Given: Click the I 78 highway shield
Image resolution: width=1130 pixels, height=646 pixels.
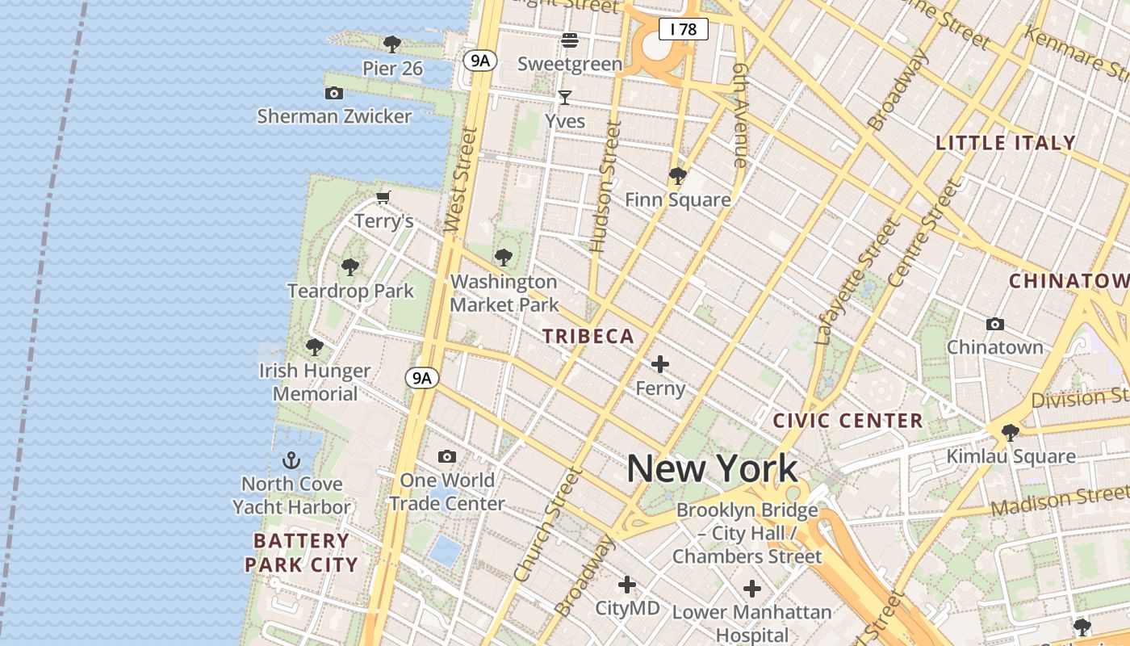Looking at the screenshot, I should point(683,30).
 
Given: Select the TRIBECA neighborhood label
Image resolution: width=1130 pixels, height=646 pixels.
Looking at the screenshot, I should point(588,337).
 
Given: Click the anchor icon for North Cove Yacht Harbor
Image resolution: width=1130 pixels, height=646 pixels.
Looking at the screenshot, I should point(291,460).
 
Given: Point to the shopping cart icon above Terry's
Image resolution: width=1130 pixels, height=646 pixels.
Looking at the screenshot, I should point(384,198).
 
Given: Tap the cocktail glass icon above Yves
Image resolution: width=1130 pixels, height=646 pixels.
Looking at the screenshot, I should point(565,98).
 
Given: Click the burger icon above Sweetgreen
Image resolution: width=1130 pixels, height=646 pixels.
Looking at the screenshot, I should point(570,40).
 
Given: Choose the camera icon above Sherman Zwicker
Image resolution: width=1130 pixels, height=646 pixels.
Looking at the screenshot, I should point(333,94).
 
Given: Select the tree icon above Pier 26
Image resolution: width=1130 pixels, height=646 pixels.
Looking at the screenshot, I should point(392,44).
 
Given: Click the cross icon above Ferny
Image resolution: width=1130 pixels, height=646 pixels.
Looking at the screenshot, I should point(660,364).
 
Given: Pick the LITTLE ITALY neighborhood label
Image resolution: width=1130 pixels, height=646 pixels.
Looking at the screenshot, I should point(1006,143).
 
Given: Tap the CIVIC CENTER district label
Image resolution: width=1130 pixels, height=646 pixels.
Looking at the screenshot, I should point(847,421).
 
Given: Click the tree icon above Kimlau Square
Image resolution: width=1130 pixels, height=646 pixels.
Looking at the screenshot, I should point(1010,433).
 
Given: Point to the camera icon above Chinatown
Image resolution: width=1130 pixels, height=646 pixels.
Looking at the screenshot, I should point(995,324).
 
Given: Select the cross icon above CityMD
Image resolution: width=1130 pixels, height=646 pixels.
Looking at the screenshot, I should point(627,585).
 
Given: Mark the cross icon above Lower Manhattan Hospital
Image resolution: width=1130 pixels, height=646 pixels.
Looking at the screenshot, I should point(752,589).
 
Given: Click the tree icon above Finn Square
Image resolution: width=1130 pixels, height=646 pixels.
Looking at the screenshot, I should point(677,175).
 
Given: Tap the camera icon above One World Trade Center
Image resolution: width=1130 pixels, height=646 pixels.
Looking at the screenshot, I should point(446,457).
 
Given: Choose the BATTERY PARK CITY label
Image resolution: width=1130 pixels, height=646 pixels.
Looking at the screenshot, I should point(301,552).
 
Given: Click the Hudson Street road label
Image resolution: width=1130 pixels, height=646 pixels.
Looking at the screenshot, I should point(605,187).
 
